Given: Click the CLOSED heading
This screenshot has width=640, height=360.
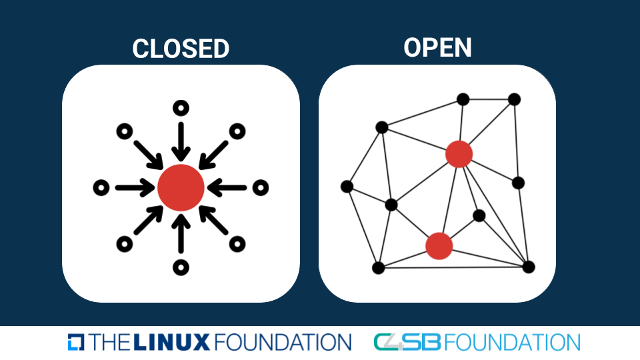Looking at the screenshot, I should [x=181, y=49].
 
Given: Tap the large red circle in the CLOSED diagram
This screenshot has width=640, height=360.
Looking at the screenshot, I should [x=181, y=187].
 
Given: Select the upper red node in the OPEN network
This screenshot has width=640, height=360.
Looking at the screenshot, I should [x=459, y=154].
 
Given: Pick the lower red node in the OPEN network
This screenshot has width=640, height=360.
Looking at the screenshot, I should [x=439, y=246].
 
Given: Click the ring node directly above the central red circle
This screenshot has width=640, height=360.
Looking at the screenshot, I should [x=181, y=108].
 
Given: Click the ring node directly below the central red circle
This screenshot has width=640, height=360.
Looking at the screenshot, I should [x=181, y=267].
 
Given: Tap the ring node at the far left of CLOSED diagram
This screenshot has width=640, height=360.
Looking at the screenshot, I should [x=101, y=188].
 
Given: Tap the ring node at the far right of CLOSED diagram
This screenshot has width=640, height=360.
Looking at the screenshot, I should [x=261, y=188].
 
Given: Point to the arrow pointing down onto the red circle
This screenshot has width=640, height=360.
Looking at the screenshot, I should [x=181, y=141].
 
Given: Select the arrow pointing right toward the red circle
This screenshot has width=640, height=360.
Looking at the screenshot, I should [x=136, y=188].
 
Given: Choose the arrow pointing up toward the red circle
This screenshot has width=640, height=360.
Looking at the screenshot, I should [x=181, y=232].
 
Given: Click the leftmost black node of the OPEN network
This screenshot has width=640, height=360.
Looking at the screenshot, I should [x=347, y=187].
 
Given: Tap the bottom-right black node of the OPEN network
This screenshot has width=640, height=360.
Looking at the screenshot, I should [x=529, y=267].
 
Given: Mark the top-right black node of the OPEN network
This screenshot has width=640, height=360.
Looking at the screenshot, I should [x=514, y=99].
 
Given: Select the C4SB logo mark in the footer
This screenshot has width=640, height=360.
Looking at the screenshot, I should [x=407, y=342].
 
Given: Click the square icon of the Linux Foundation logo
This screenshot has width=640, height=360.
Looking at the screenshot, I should [x=76, y=342].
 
